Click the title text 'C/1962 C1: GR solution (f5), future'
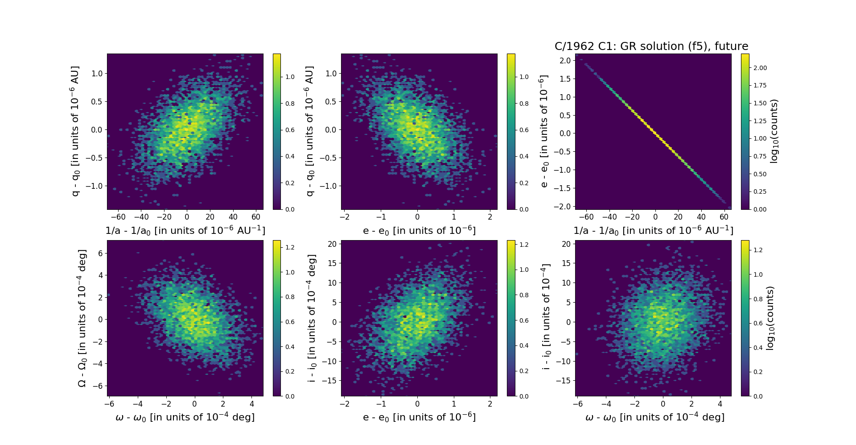click(651, 46)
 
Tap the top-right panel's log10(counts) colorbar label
click(774, 131)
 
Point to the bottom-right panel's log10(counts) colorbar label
click(770, 318)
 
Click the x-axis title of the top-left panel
click(185, 231)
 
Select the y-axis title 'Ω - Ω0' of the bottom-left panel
click(82, 318)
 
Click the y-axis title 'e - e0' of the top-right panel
click(544, 131)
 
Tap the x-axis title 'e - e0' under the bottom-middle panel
click(419, 417)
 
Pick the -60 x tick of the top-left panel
click(118, 217)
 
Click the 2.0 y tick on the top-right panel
click(565, 61)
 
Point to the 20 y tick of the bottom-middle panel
click(332, 244)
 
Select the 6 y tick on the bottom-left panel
click(100, 253)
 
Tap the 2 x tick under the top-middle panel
click(490, 217)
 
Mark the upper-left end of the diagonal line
click(584, 63)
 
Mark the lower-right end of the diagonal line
click(725, 203)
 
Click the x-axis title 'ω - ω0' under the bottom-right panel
click(654, 417)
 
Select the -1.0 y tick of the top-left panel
click(97, 186)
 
